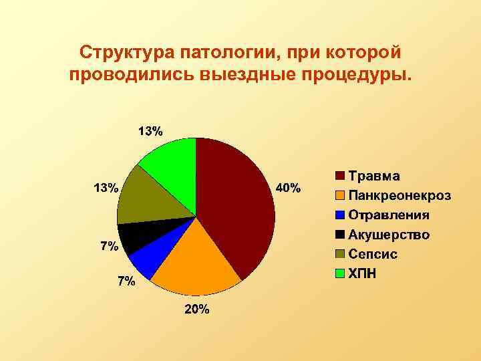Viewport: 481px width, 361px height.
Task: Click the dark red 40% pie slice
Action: [x=237, y=201]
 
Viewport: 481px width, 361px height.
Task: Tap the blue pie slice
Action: [x=144, y=261]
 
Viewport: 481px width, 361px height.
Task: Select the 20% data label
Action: [x=198, y=309]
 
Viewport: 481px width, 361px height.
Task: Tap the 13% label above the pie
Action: [x=150, y=131]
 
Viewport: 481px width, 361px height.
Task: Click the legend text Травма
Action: [x=375, y=176]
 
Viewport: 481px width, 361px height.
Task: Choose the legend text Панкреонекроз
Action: [x=399, y=196]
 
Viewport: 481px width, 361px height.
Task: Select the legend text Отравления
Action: [x=389, y=215]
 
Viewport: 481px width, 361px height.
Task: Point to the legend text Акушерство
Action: [x=389, y=235]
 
